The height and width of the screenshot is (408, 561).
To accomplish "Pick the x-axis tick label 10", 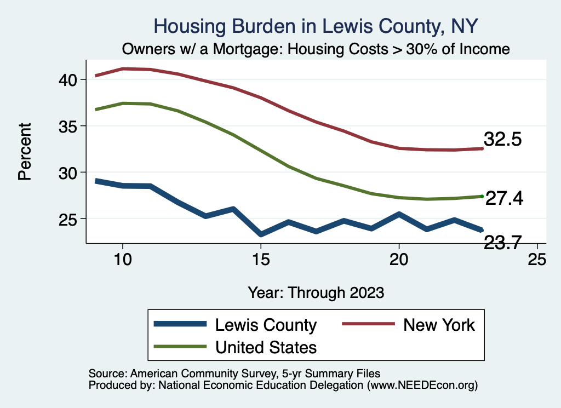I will pos(123,259).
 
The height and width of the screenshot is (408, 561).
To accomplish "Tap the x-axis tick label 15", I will pos(261,259).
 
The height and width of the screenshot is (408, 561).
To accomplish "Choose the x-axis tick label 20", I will pos(399,259).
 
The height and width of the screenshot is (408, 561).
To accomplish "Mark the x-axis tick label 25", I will pos(537,259).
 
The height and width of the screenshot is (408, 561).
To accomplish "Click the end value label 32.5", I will pos(502,140).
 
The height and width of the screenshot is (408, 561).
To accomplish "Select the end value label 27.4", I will pos(505,199).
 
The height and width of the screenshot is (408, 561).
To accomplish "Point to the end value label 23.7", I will pos(502,241).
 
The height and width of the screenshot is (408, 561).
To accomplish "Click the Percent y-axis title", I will pos(24,152).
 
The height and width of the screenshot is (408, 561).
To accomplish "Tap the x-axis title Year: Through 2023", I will pos(316,292).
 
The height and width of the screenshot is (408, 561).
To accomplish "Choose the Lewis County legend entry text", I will pos(266,325).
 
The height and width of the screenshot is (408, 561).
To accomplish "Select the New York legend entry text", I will pos(439,325).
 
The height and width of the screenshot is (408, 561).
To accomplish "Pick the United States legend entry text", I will pos(266,347).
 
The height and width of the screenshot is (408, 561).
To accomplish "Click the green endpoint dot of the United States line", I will pos(482,196).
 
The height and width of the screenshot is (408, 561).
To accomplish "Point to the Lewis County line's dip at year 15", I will pos(261,234).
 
